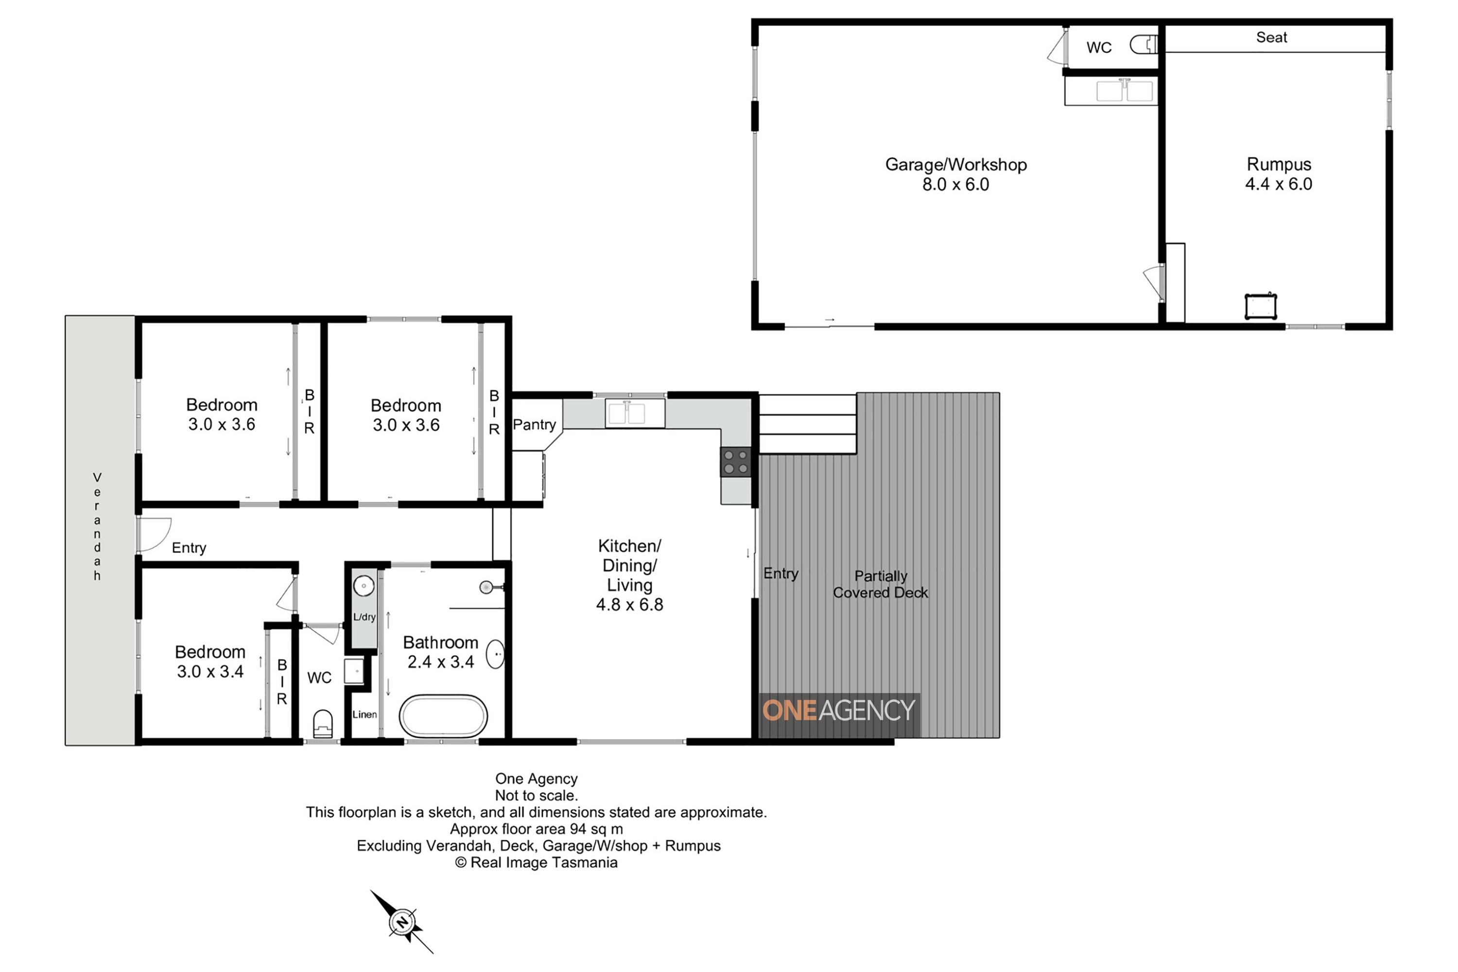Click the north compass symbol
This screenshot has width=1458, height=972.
[x=402, y=922]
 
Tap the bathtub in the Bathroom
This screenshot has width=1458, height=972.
[x=443, y=716]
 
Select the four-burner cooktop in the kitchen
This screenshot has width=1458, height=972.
[x=736, y=462]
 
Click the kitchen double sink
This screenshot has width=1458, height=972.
[x=635, y=414]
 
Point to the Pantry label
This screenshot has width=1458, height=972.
[x=534, y=425]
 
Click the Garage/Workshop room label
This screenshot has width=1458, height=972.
[x=955, y=164]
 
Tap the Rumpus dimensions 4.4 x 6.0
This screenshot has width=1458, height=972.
[x=1278, y=184]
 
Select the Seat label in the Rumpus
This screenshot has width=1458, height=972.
[x=1271, y=37]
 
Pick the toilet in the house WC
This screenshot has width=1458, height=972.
[x=323, y=724]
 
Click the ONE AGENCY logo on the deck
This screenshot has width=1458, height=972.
[x=839, y=711]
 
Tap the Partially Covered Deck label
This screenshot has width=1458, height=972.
[x=880, y=584]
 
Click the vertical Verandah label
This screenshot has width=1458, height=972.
[x=97, y=526]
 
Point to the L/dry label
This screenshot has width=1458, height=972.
[x=364, y=617]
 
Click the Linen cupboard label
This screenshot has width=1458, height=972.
[x=364, y=714]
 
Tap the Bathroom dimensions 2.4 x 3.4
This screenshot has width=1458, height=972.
[x=441, y=662]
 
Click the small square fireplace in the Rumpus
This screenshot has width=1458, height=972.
[x=1261, y=306]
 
